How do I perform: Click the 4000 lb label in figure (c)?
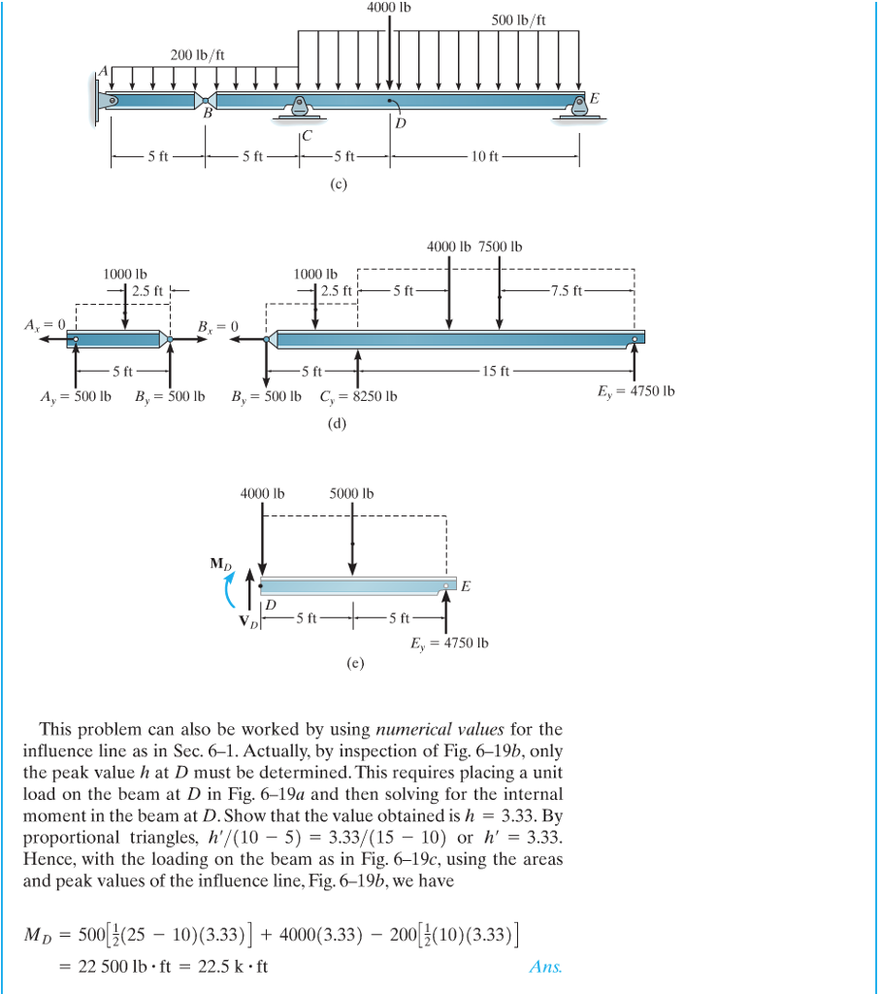tap(389, 8)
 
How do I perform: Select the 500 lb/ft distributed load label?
tap(519, 20)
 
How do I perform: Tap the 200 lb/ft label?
tap(198, 54)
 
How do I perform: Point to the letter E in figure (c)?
tap(595, 99)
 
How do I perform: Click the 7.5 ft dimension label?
tap(567, 289)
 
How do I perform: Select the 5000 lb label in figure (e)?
tap(351, 493)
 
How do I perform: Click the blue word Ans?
tap(546, 966)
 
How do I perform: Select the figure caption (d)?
tap(338, 423)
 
